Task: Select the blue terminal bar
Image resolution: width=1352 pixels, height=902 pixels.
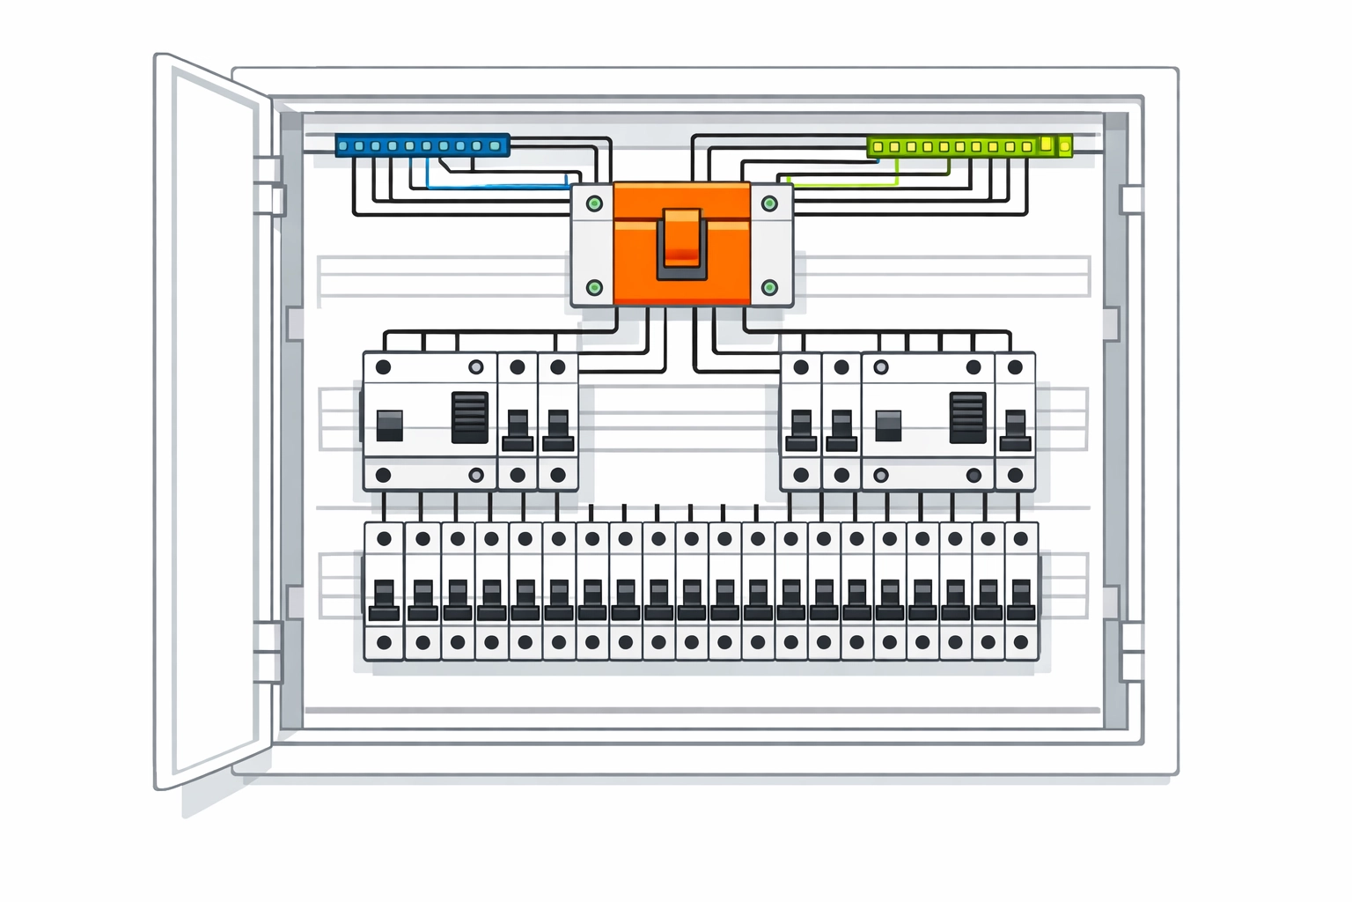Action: tap(422, 145)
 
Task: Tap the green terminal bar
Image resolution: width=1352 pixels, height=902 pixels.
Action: tap(968, 146)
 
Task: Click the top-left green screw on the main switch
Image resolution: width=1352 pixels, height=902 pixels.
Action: tap(594, 203)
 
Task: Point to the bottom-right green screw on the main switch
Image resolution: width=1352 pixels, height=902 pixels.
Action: tap(769, 287)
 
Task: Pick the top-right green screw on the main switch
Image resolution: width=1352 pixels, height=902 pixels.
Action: tap(769, 203)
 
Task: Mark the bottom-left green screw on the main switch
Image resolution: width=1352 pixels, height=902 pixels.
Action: tap(594, 287)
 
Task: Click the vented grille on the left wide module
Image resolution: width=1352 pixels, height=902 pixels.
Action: tap(469, 418)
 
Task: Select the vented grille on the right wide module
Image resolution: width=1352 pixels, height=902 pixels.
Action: tap(968, 418)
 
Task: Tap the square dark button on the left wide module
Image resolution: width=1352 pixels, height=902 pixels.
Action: tap(389, 425)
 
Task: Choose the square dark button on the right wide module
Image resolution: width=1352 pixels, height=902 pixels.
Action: tap(888, 425)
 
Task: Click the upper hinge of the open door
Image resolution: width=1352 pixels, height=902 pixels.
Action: tap(268, 185)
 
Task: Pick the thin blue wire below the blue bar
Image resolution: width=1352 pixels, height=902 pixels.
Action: tap(497, 187)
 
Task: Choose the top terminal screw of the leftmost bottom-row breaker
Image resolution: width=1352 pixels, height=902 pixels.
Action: tap(384, 538)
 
